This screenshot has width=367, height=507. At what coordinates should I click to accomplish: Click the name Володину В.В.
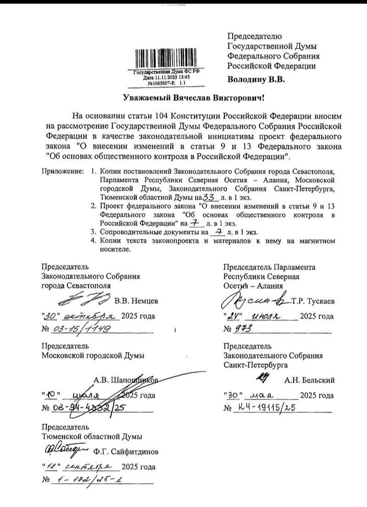(256, 80)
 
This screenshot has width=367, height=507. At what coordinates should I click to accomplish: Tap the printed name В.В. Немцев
(136, 301)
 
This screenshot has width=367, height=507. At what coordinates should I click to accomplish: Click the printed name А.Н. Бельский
(310, 380)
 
